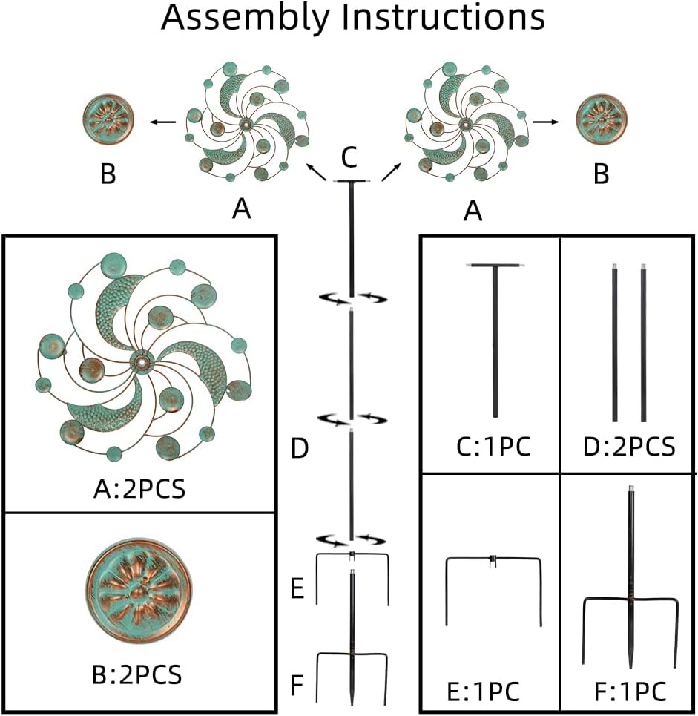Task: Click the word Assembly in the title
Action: pos(245,18)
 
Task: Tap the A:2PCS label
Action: pos(140,490)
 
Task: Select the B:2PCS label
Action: pos(140,676)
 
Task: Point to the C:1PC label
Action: pos(493,447)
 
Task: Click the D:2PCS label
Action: pos(628,447)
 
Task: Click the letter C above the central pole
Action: pos(349,157)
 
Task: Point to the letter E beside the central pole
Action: pos(297,590)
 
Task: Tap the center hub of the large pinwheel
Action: pos(139,361)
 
